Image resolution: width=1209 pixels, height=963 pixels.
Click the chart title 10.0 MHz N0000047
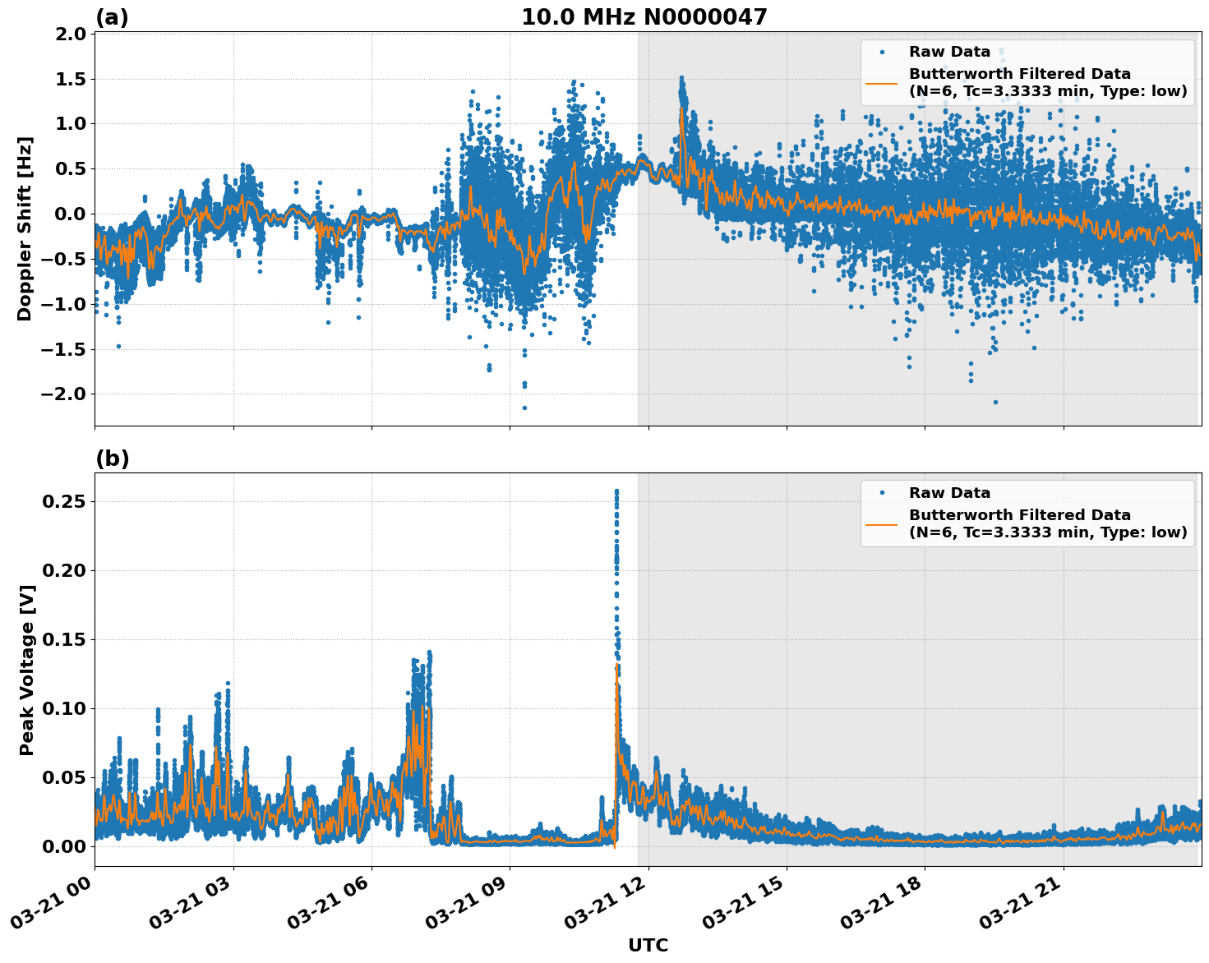click(644, 17)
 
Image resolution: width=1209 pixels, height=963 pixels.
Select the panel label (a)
click(112, 17)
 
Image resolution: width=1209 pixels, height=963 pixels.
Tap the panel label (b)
click(112, 458)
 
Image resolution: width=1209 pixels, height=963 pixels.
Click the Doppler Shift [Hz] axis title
click(25, 228)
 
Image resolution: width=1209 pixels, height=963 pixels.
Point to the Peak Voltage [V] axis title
click(27, 670)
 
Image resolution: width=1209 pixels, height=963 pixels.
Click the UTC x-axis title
click(648, 945)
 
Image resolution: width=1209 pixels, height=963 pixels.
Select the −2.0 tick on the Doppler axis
click(65, 394)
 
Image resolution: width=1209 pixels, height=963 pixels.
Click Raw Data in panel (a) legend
click(949, 52)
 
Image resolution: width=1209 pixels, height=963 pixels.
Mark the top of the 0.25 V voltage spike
click(616, 491)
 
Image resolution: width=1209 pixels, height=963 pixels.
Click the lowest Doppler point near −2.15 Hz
click(524, 408)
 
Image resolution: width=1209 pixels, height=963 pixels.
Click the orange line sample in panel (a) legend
click(882, 82)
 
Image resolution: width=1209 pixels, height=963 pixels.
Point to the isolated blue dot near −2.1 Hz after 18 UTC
click(995, 402)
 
